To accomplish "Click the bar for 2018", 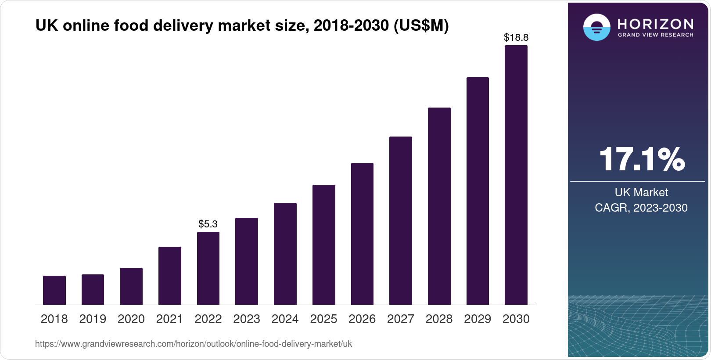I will [54, 290].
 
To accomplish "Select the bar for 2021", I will [170, 276].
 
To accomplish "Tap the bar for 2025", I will [324, 245].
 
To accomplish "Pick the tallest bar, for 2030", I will [516, 175].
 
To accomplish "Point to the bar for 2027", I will [401, 220].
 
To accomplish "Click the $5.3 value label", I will [208, 224].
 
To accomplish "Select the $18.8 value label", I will [516, 38].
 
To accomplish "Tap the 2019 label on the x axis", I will [93, 319].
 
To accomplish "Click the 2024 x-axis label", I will [285, 319].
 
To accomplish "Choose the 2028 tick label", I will [439, 319].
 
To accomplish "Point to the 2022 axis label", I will [208, 319].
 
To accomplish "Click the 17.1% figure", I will [642, 159].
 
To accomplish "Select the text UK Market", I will [641, 192].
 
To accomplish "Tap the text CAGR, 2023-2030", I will [641, 208].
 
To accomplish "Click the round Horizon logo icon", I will [596, 27].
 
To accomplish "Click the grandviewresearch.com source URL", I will [194, 344].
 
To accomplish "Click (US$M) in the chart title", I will [421, 26].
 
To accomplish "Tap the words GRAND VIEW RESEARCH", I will [655, 35].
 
